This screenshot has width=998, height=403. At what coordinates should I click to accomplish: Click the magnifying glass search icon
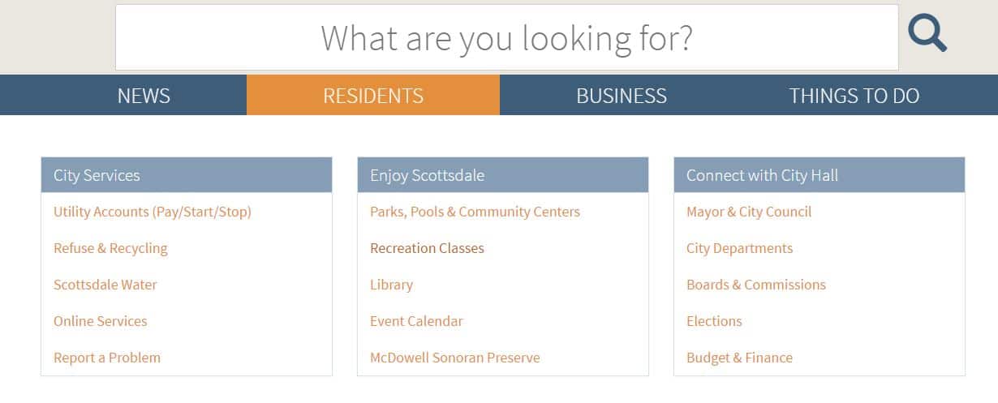pos(927,32)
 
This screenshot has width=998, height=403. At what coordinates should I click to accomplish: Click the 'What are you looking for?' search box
pos(506,37)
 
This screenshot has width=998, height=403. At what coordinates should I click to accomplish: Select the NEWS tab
pos(144,96)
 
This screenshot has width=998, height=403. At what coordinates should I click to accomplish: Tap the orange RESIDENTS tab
pos(373,95)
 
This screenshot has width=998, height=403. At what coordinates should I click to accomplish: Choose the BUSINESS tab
pos(622,96)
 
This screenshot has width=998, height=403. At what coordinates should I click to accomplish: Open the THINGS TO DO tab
pos(854,96)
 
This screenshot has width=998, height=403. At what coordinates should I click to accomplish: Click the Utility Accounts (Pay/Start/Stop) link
pos(153,212)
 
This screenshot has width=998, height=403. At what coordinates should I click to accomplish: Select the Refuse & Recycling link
pos(110,248)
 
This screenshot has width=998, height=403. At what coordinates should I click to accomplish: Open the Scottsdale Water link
pos(105,285)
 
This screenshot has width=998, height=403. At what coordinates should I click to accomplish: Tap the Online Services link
pos(101,321)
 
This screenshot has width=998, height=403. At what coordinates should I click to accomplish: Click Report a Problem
pos(107,358)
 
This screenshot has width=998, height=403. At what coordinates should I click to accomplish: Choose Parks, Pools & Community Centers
pos(475,212)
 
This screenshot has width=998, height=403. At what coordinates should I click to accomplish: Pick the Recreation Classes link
pos(427,248)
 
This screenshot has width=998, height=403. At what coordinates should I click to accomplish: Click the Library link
pos(391,285)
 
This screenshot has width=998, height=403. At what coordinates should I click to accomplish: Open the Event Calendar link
pos(416,321)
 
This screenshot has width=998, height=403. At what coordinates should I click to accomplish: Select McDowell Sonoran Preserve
pos(455,358)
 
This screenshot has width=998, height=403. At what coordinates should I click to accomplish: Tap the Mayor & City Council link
pos(749,212)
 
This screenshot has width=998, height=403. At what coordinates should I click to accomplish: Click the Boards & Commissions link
pos(756,285)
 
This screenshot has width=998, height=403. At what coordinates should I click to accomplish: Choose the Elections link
pos(714,321)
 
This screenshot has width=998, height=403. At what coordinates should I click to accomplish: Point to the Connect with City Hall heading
pos(763,175)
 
